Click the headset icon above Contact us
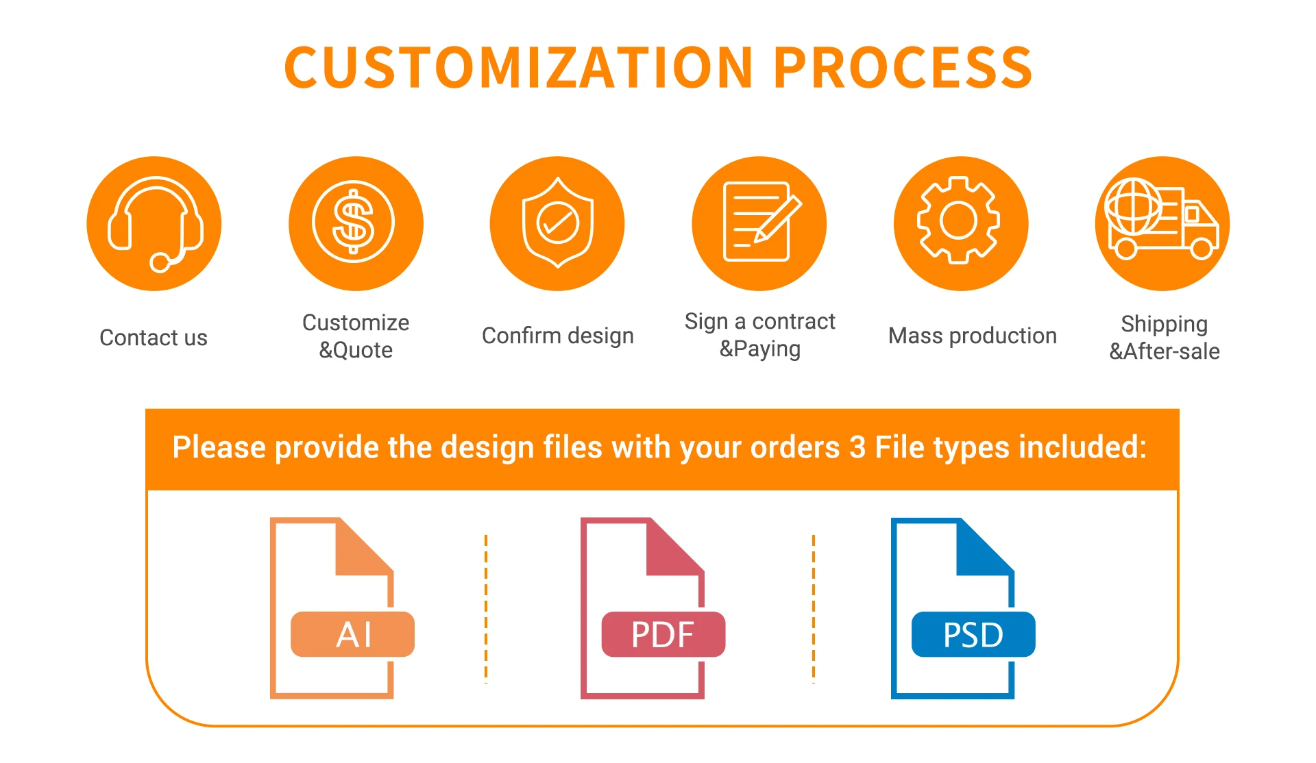[x=154, y=223]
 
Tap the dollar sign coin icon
[x=354, y=223]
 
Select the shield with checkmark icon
[x=557, y=223]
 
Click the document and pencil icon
[x=759, y=223]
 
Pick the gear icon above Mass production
[x=959, y=221]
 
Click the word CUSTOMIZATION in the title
[x=519, y=68]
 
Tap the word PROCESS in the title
[x=903, y=68]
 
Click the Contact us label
[x=154, y=338]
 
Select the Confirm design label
[x=557, y=336]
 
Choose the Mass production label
[x=972, y=336]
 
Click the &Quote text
[x=356, y=351]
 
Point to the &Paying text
[x=759, y=349]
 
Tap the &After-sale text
[x=1164, y=351]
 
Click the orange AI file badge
[x=353, y=634]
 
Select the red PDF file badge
[x=663, y=634]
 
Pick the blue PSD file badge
[x=973, y=634]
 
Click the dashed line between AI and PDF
[x=486, y=608]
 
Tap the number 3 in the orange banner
[x=857, y=448]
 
